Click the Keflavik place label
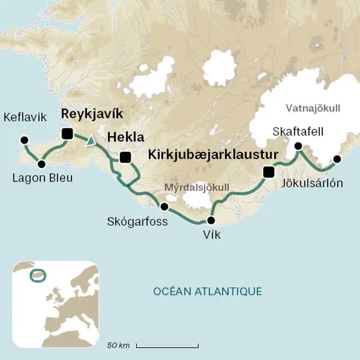pos(25,117)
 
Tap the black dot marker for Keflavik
pos(24,140)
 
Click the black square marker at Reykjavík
pos(67,133)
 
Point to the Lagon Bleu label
pos(42,178)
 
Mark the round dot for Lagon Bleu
pos(42,164)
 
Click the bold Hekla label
pos(126,137)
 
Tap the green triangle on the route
pos(90,141)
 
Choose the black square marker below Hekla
pos(125,158)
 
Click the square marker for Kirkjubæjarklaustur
pos(269,171)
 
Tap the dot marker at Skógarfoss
pos(163,206)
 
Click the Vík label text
pos(211,235)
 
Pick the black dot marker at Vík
pos(211,220)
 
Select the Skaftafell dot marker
pos(297,146)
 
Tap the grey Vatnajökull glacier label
pos(313,108)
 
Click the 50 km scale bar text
pos(119,345)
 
